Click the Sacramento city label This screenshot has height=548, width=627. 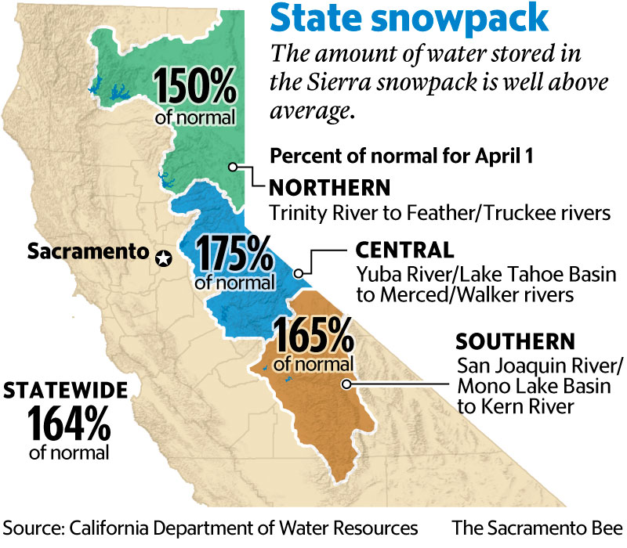pyautogui.click(x=86, y=252)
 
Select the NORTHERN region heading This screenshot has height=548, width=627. pyautogui.click(x=329, y=189)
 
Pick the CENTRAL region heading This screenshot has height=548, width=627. pyautogui.click(x=404, y=251)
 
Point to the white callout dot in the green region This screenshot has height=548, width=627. pyautogui.click(x=233, y=166)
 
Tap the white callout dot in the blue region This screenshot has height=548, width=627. pyautogui.click(x=299, y=274)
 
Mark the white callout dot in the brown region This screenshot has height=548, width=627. pyautogui.click(x=345, y=384)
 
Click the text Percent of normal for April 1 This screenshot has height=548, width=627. pyautogui.click(x=401, y=155)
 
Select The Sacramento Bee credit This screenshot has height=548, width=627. pyautogui.click(x=538, y=525)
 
